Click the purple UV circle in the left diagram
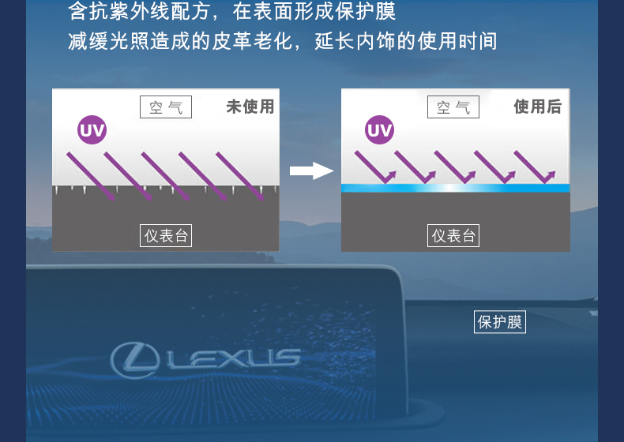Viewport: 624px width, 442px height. [x=92, y=131]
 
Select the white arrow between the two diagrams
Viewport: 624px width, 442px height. [x=311, y=170]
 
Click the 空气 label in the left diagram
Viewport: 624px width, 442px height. [x=166, y=107]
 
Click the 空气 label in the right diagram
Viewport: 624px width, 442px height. [x=453, y=107]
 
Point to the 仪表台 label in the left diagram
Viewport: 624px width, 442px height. [x=166, y=235]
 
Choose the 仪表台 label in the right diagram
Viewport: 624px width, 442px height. [x=454, y=235]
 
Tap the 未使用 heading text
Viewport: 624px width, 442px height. [x=250, y=107]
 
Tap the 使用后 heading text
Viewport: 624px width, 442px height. [x=537, y=107]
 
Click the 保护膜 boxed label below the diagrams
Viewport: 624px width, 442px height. [x=500, y=322]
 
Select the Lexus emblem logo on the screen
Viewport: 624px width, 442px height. [x=136, y=359]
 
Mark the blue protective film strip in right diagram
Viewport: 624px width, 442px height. [x=455, y=189]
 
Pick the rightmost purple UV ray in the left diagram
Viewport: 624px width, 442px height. [x=239, y=175]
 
